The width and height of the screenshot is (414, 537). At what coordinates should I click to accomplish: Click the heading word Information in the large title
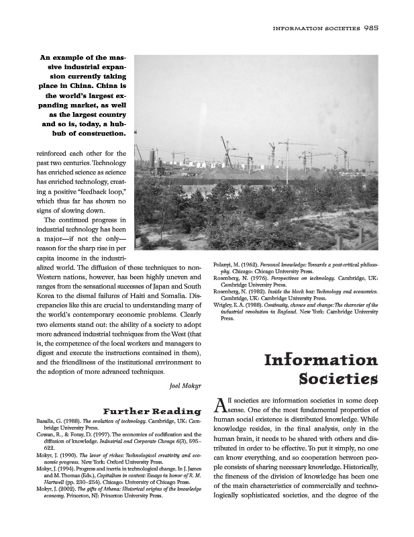click(321, 361)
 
